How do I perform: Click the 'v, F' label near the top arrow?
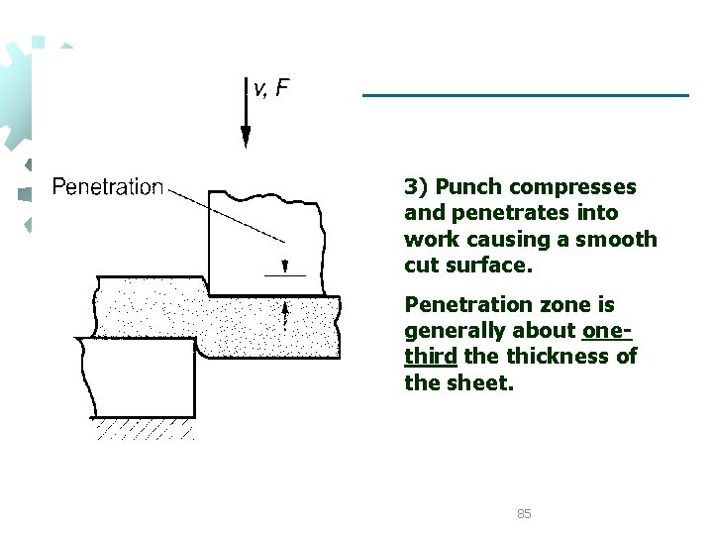click(x=271, y=89)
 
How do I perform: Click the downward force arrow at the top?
click(x=246, y=114)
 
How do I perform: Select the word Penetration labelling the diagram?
click(x=107, y=186)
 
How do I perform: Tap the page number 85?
click(x=525, y=513)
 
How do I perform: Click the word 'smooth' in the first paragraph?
click(x=621, y=239)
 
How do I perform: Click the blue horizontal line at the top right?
click(x=525, y=95)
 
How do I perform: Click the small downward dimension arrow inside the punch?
click(x=284, y=265)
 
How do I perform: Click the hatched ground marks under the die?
click(x=145, y=429)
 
